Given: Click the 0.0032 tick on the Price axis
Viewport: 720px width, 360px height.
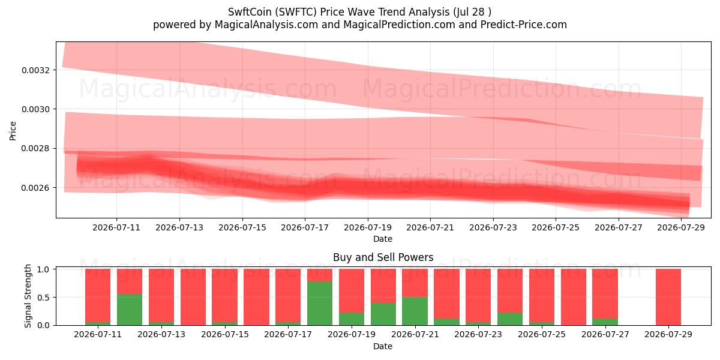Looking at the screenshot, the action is coord(35,70).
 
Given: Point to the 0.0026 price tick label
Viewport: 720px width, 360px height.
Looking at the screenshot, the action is coord(35,188).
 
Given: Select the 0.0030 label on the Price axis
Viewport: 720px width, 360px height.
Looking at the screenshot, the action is coord(35,109).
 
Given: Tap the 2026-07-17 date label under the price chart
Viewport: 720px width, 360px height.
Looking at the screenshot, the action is coord(305,227).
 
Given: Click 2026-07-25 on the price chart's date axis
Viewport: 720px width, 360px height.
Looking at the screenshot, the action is coord(556,227).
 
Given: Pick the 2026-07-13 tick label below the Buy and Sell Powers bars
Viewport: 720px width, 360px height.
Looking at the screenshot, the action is coord(161,334).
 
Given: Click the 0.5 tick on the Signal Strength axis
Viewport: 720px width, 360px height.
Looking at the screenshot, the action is coord(43,298).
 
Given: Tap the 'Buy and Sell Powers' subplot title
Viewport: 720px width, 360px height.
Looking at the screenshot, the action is coord(383,257).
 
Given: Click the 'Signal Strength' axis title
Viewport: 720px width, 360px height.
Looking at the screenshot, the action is coord(28,296).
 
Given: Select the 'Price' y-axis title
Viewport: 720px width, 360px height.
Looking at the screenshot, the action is coord(13,131).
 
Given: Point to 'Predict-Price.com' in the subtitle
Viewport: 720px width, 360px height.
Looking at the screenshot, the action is coord(524,25).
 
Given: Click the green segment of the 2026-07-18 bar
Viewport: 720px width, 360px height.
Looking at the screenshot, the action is coord(320,304).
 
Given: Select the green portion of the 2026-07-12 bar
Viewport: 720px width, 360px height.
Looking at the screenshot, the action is coord(130,310).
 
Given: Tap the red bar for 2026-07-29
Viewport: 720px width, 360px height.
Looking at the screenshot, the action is coord(668,297).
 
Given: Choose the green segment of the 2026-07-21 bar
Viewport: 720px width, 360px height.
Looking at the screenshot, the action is coord(415,311).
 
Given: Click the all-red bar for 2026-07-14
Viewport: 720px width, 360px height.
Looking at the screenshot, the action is coord(193,297).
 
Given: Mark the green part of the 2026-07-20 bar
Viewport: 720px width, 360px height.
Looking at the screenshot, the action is coord(383,314).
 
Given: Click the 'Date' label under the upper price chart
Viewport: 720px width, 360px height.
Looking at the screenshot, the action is coord(383,239).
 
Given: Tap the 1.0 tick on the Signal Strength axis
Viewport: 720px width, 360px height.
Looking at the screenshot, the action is coord(43,269).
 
